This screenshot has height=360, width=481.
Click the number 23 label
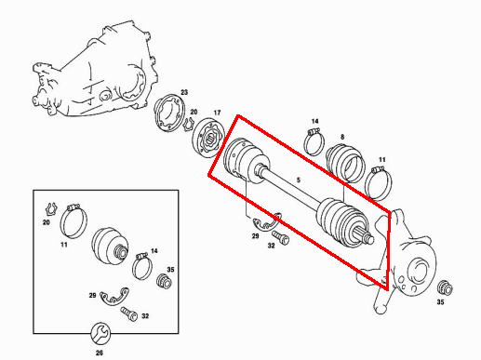(x=184, y=92)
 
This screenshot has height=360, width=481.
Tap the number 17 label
(x=217, y=113)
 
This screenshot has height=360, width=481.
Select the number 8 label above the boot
(x=342, y=137)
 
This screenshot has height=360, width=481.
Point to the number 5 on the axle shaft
(x=299, y=180)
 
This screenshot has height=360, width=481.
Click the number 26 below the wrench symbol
(x=100, y=353)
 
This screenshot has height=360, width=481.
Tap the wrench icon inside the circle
(x=100, y=333)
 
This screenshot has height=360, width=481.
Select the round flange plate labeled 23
(x=169, y=113)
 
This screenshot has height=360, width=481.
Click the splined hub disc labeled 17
(x=208, y=138)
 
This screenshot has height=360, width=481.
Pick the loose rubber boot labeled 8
(x=345, y=164)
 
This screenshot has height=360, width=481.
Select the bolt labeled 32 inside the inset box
(x=128, y=313)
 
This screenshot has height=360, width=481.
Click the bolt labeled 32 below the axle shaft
(x=281, y=237)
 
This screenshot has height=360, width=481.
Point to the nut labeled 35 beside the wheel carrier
(x=445, y=288)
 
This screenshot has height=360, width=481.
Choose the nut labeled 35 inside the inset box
(x=165, y=281)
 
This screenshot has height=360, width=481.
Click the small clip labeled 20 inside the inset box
(x=51, y=209)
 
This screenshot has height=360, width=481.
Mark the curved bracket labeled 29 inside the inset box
(x=115, y=297)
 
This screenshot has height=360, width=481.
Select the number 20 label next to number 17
(x=194, y=112)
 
